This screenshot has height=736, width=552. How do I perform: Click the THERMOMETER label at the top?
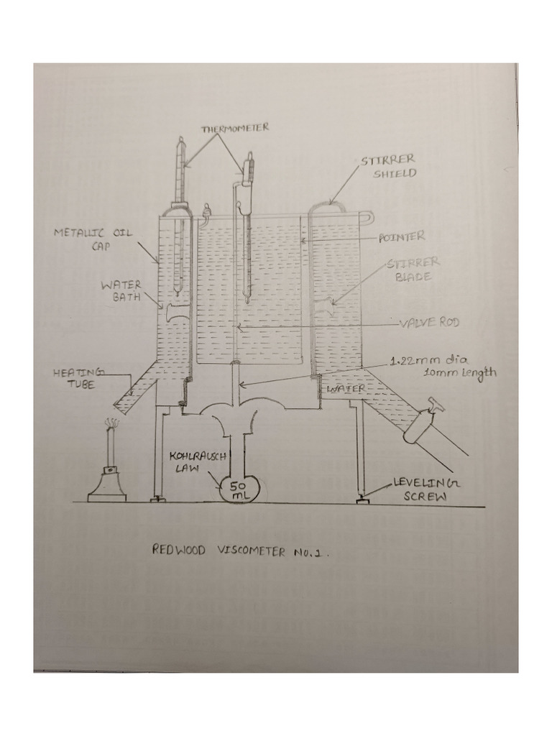234,128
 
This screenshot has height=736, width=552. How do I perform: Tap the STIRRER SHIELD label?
388,166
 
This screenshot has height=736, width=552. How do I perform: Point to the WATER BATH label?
121,290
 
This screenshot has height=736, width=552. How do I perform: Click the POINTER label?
402,236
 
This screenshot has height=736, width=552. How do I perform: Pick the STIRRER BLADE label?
413,270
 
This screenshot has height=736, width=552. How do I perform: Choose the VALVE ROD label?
429,323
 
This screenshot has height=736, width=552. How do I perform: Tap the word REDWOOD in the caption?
179,552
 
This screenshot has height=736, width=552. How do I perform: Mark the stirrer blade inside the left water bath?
174,312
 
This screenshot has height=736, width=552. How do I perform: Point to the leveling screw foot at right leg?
363,499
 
